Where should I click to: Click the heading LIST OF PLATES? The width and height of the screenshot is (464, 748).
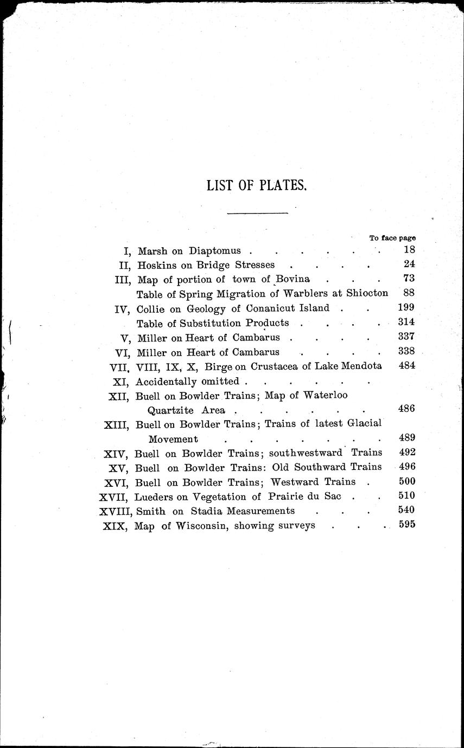(257, 186)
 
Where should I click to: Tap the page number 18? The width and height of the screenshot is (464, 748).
(409, 250)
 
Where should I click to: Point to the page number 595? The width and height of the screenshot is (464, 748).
(406, 525)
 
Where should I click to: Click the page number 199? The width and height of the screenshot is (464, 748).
(406, 308)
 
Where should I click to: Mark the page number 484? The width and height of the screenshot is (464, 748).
(407, 366)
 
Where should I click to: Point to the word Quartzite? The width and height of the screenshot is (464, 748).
(170, 410)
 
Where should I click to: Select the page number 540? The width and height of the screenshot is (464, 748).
(406, 510)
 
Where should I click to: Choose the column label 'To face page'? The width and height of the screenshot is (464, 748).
(392, 238)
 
